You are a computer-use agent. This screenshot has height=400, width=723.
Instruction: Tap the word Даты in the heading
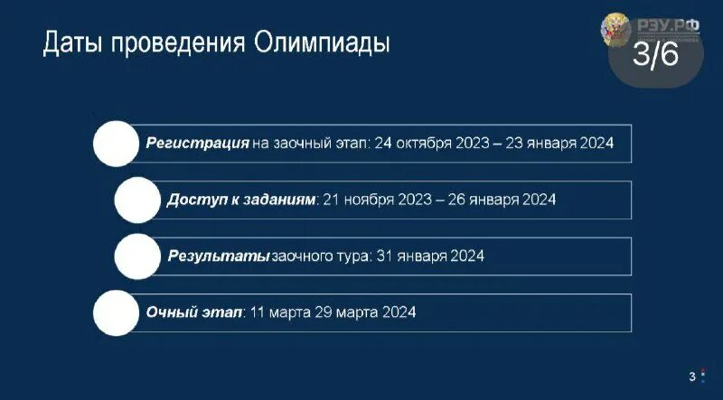72,43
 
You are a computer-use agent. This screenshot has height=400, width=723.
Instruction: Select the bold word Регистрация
198,144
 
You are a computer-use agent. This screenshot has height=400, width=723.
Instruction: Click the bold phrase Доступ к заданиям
241,199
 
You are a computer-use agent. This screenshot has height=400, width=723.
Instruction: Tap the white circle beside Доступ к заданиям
138,199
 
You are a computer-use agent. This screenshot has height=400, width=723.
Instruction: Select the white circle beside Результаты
138,256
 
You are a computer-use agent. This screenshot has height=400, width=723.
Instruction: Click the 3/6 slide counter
655,57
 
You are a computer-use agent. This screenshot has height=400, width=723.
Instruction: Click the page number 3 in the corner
692,376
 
